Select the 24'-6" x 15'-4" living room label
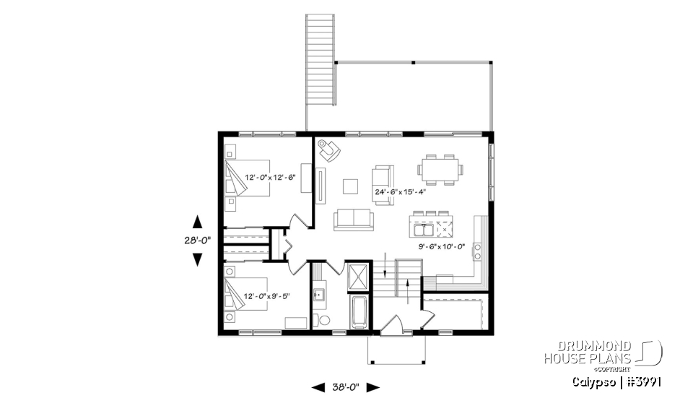pyautogui.click(x=401, y=192)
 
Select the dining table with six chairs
pyautogui.click(x=440, y=169)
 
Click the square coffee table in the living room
pyautogui.click(x=351, y=186)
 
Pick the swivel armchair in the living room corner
pyautogui.click(x=329, y=150)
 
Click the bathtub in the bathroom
pyautogui.click(x=359, y=313)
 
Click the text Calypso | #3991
pyautogui.click(x=618, y=381)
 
